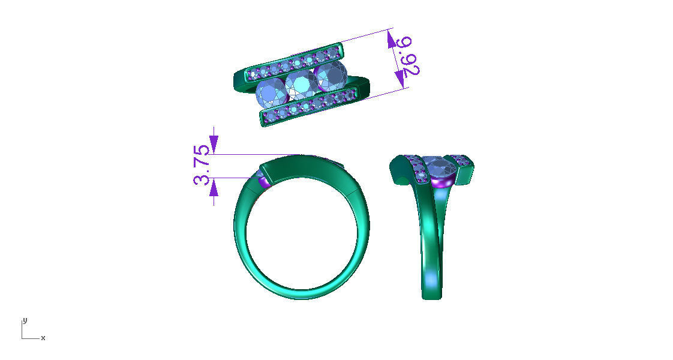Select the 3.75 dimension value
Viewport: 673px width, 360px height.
[x=203, y=163]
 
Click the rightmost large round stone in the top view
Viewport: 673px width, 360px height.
[x=331, y=74]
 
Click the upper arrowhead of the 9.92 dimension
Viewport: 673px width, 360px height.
[x=392, y=40]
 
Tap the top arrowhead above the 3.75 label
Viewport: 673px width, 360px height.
[x=214, y=145]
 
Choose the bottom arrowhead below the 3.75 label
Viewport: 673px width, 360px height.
[x=214, y=187]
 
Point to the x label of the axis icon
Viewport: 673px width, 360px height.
[x=43, y=338]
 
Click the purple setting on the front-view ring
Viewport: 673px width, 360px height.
[x=263, y=181]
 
